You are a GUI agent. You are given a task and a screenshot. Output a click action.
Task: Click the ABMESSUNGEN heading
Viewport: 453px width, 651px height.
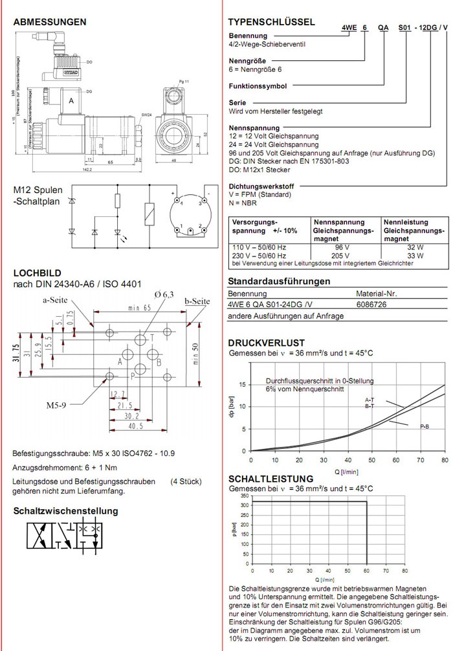pos(50,21)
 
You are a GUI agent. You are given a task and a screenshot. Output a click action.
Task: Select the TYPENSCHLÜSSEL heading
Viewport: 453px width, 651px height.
pos(271,21)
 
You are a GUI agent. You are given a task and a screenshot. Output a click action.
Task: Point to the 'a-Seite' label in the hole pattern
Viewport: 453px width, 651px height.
pos(58,300)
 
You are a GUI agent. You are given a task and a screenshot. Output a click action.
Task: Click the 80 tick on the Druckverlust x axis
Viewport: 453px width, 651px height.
pos(445,459)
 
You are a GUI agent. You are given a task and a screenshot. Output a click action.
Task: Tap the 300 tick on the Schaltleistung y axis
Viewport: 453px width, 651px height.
pos(243,502)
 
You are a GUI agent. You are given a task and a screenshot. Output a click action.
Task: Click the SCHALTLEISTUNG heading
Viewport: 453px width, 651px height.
pos(266,479)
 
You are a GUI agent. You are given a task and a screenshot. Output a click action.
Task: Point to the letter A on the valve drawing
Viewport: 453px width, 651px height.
pos(71,102)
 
